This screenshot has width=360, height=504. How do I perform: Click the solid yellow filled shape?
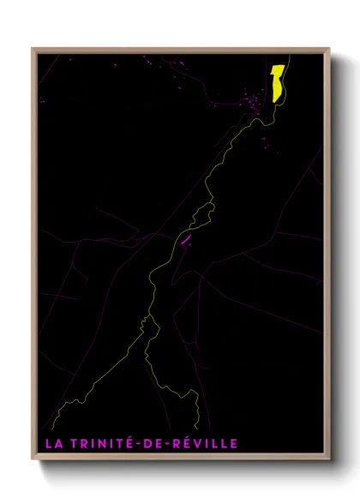278,82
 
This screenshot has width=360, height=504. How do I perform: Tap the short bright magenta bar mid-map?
184,239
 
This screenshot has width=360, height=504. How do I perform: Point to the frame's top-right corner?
330,49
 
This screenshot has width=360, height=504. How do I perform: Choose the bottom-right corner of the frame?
330,459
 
